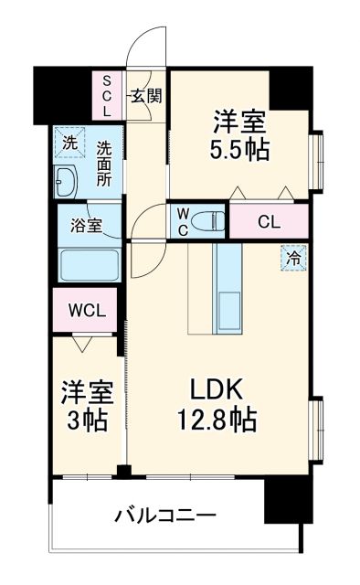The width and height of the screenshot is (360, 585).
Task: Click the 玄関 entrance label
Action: tap(144, 95)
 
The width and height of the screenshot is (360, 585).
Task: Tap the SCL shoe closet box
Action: tap(106, 95)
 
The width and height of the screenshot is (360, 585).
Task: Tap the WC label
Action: tap(182, 220)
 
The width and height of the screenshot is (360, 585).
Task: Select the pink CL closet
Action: tap(268, 221)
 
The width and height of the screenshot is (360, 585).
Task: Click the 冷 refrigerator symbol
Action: tap(292, 258)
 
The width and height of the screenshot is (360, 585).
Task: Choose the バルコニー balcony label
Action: tap(164, 514)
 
